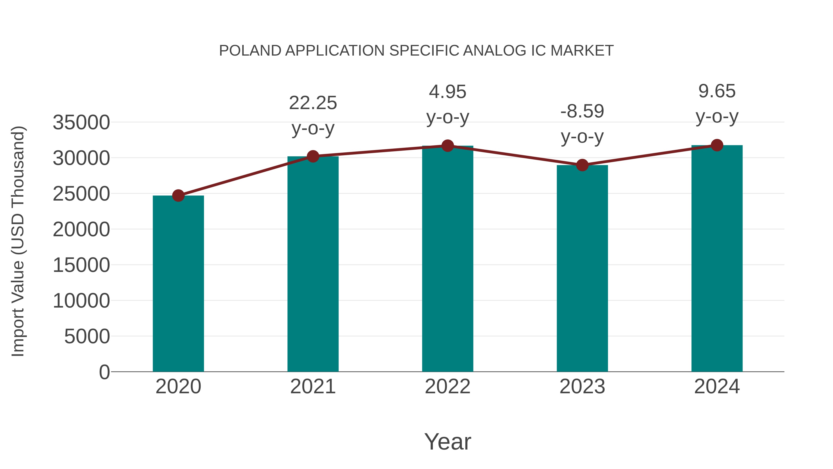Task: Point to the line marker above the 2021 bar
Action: coord(313,156)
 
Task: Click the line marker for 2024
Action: coord(717,145)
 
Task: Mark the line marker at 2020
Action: coord(178,195)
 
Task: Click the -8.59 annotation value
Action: coord(582,112)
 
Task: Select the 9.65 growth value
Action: coord(717,91)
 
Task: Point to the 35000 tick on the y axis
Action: coord(81,123)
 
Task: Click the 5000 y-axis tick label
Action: coord(87,336)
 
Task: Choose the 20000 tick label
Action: coord(81,230)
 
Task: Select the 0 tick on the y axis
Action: coord(104,372)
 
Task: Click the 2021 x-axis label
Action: coord(313,387)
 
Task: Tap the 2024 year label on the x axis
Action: coord(717,387)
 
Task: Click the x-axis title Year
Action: coord(448,441)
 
